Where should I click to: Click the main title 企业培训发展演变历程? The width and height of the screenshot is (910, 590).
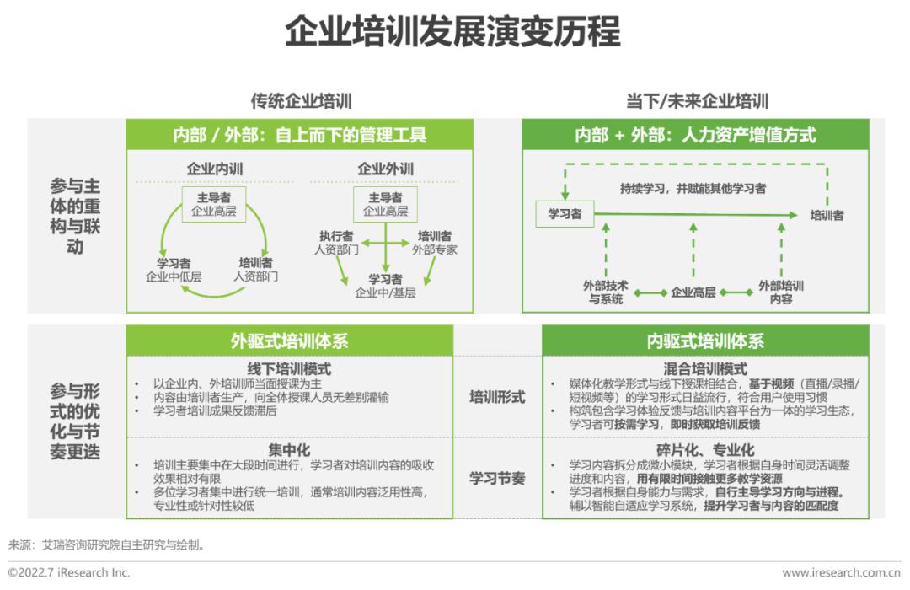tap(453, 31)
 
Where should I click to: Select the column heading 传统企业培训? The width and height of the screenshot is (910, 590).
tap(301, 101)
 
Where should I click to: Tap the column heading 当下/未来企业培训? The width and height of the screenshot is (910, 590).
tap(697, 101)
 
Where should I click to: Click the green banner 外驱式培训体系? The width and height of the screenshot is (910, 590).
tap(290, 341)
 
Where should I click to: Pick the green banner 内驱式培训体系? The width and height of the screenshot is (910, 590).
tap(705, 341)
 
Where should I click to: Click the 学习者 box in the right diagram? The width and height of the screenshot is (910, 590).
tap(565, 214)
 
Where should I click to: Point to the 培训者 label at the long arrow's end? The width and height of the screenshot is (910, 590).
tap(827, 216)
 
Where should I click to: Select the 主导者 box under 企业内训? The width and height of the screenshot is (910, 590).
tap(213, 204)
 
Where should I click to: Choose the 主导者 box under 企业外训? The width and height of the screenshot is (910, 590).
tap(385, 204)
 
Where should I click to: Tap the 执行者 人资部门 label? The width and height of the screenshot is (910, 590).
tap(336, 243)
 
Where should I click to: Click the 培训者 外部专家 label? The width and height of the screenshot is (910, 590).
tap(435, 243)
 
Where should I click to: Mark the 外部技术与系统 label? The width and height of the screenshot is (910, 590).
tap(605, 292)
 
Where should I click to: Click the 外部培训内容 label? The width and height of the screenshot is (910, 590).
tap(781, 292)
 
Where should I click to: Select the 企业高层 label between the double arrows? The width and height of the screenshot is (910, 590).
tap(693, 292)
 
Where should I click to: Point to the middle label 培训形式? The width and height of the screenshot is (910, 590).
tap(497, 397)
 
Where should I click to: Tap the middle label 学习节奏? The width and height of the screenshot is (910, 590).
tap(497, 479)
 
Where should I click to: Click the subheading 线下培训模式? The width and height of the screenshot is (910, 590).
tap(289, 369)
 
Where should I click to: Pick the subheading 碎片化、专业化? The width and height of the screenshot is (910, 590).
tap(705, 450)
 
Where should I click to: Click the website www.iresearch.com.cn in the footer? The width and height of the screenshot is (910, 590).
tap(842, 573)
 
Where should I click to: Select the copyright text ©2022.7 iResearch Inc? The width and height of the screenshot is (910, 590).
tap(69, 572)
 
